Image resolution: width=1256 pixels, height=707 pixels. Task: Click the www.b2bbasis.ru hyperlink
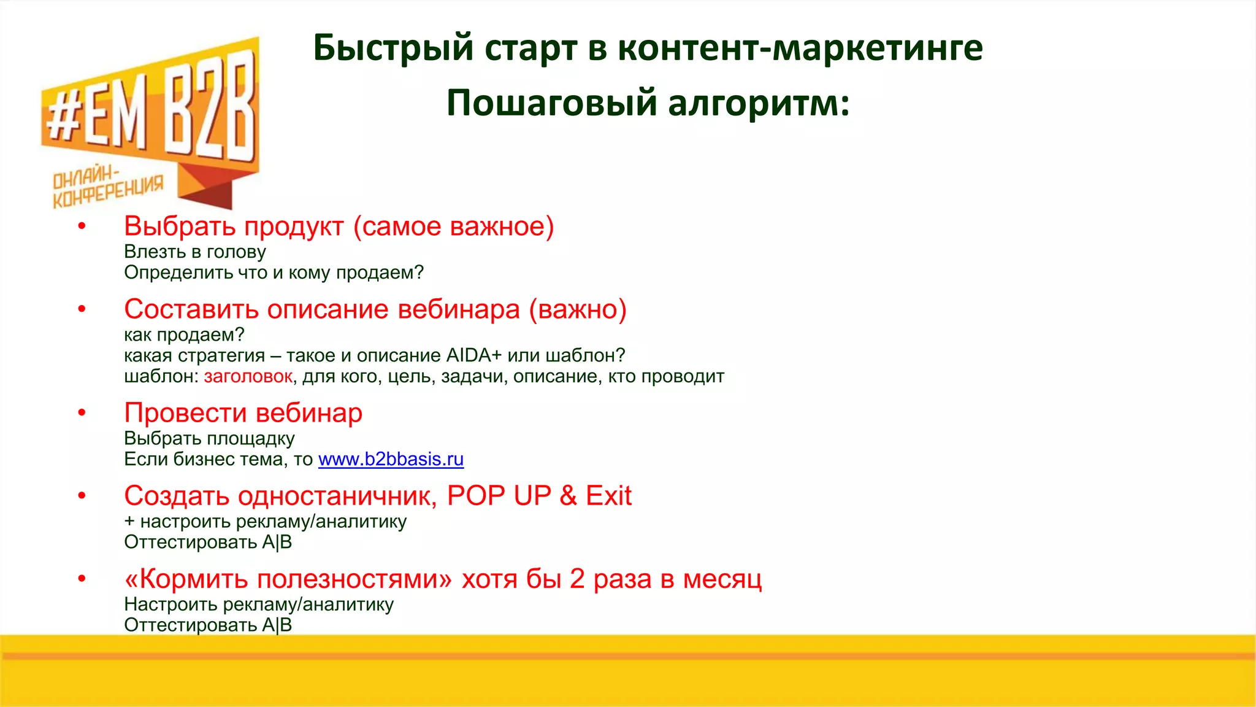point(391,459)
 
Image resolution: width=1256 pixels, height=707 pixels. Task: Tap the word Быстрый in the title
point(393,48)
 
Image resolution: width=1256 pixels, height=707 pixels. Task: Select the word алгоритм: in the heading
point(759,102)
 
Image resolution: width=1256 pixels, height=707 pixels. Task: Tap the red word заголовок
point(248,376)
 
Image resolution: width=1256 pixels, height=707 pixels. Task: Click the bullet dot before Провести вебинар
point(82,413)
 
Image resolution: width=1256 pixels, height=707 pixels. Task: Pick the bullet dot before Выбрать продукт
point(82,226)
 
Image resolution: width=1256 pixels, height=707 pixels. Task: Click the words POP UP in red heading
point(499,496)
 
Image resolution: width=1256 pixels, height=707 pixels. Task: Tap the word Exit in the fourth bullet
point(608,496)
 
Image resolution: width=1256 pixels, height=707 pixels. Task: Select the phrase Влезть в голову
point(194,252)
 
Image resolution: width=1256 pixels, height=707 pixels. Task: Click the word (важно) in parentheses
point(578,309)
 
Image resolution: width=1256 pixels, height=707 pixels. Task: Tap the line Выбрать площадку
point(209,438)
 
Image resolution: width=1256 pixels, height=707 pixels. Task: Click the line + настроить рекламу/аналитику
point(265,522)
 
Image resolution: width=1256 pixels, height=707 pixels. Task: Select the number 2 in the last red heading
point(576,579)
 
